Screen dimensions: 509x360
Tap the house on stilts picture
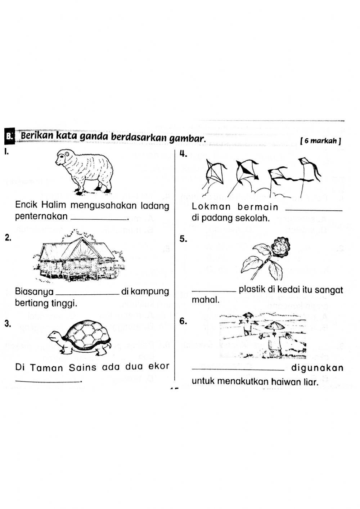click(78, 259)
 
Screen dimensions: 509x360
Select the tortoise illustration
click(81, 337)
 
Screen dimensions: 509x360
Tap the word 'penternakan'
click(41, 216)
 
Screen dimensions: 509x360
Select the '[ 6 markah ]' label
click(320, 141)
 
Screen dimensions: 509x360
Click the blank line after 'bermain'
click(313, 210)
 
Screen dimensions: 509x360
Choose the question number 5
click(183, 239)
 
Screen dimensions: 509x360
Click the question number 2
click(7, 237)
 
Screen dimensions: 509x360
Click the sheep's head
click(63, 157)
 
